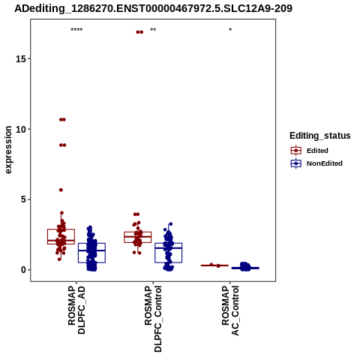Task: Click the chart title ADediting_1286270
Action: coord(153,8)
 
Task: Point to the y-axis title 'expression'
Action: coord(8,150)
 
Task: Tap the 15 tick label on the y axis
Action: coord(21,58)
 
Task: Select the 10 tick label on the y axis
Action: coord(21,129)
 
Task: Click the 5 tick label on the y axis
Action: coord(24,199)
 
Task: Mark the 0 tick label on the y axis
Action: coord(24,270)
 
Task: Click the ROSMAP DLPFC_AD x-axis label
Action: coord(76,310)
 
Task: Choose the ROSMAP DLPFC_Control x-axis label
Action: coord(153,319)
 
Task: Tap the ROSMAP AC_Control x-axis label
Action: coord(230,310)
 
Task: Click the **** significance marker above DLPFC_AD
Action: coord(76,30)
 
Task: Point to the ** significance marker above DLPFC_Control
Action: coord(153,30)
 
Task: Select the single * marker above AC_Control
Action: coord(230,30)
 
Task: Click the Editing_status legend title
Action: coord(320,136)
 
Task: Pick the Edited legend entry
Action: coord(317,151)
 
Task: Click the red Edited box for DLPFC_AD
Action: coord(61,236)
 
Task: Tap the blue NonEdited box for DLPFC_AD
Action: coord(91,253)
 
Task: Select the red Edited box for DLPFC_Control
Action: coord(138,237)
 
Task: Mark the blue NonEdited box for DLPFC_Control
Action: coord(168,253)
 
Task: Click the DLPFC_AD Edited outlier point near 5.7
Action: coord(61,190)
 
